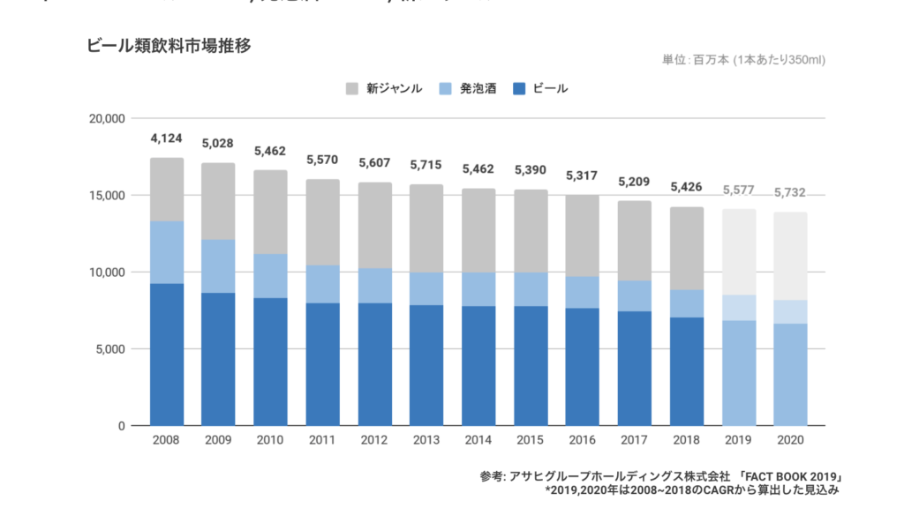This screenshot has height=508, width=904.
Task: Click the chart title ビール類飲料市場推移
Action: click(x=169, y=47)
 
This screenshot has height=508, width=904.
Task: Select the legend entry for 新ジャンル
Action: click(x=383, y=88)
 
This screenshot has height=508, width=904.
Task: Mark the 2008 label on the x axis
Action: click(x=166, y=440)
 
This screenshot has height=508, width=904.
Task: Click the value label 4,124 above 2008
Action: click(x=166, y=138)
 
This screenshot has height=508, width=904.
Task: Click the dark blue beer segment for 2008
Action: click(x=166, y=353)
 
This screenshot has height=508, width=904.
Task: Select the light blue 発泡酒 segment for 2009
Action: click(x=219, y=265)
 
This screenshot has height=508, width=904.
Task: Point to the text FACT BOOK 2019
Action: click(x=788, y=476)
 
